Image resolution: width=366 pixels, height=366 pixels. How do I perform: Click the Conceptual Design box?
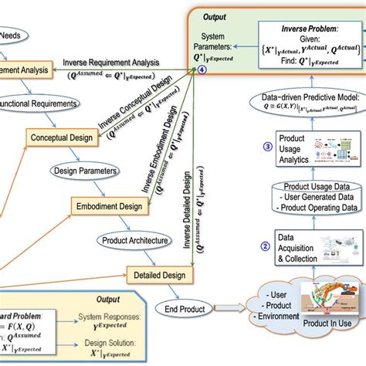(x=61, y=137)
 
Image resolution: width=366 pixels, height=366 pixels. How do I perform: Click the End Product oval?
(x=185, y=309)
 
